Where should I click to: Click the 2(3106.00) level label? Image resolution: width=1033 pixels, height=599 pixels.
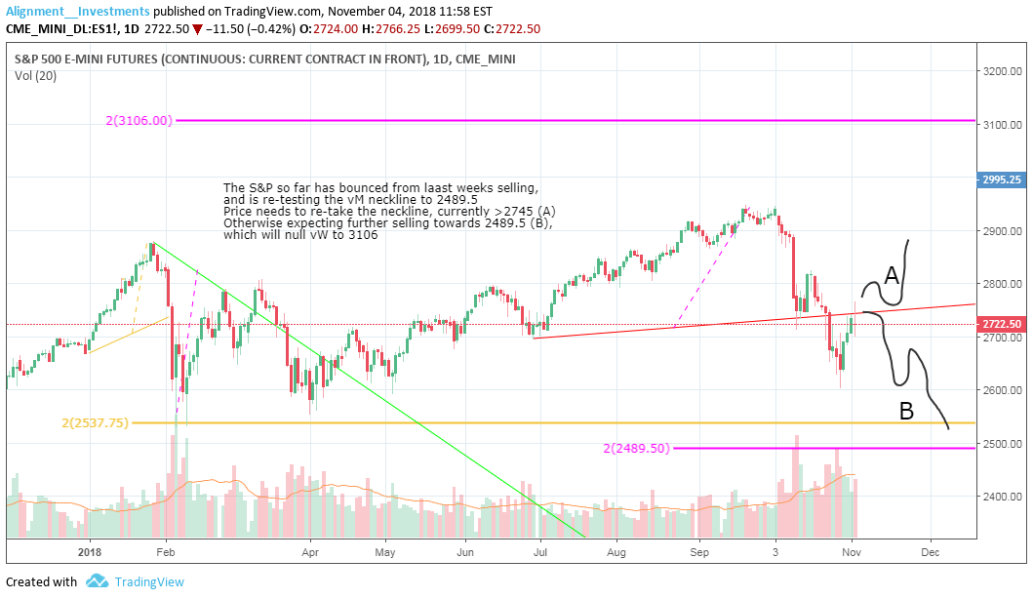[140, 121]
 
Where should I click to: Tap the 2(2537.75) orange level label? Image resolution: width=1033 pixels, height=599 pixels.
[96, 422]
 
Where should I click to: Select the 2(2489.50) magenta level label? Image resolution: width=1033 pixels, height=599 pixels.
[636, 448]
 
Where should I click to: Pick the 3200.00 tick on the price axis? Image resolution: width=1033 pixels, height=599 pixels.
[1002, 72]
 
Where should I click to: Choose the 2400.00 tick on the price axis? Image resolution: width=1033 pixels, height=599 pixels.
[1002, 497]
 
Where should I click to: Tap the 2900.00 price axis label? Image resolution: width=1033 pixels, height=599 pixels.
[1002, 231]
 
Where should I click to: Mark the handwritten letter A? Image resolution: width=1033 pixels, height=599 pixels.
[891, 277]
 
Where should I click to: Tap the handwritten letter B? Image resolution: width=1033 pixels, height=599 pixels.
[906, 413]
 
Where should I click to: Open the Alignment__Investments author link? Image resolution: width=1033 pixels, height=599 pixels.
[78, 10]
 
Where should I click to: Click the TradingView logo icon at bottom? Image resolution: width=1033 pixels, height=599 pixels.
[96, 581]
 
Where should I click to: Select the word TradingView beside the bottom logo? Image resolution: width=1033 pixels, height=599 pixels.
[149, 582]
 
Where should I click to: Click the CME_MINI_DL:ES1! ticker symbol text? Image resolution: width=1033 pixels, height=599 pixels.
[60, 29]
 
